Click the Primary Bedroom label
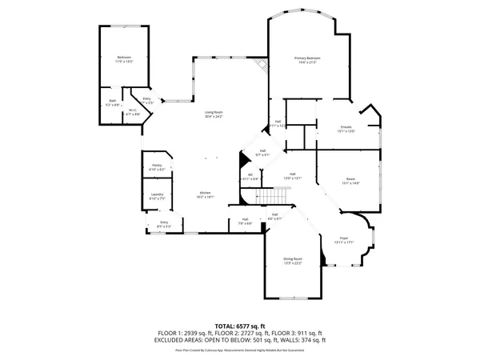(x=307, y=58)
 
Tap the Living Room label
(x=214, y=113)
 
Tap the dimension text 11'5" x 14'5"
(x=124, y=62)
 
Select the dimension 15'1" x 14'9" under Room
(x=350, y=183)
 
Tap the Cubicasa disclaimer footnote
(x=240, y=349)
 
